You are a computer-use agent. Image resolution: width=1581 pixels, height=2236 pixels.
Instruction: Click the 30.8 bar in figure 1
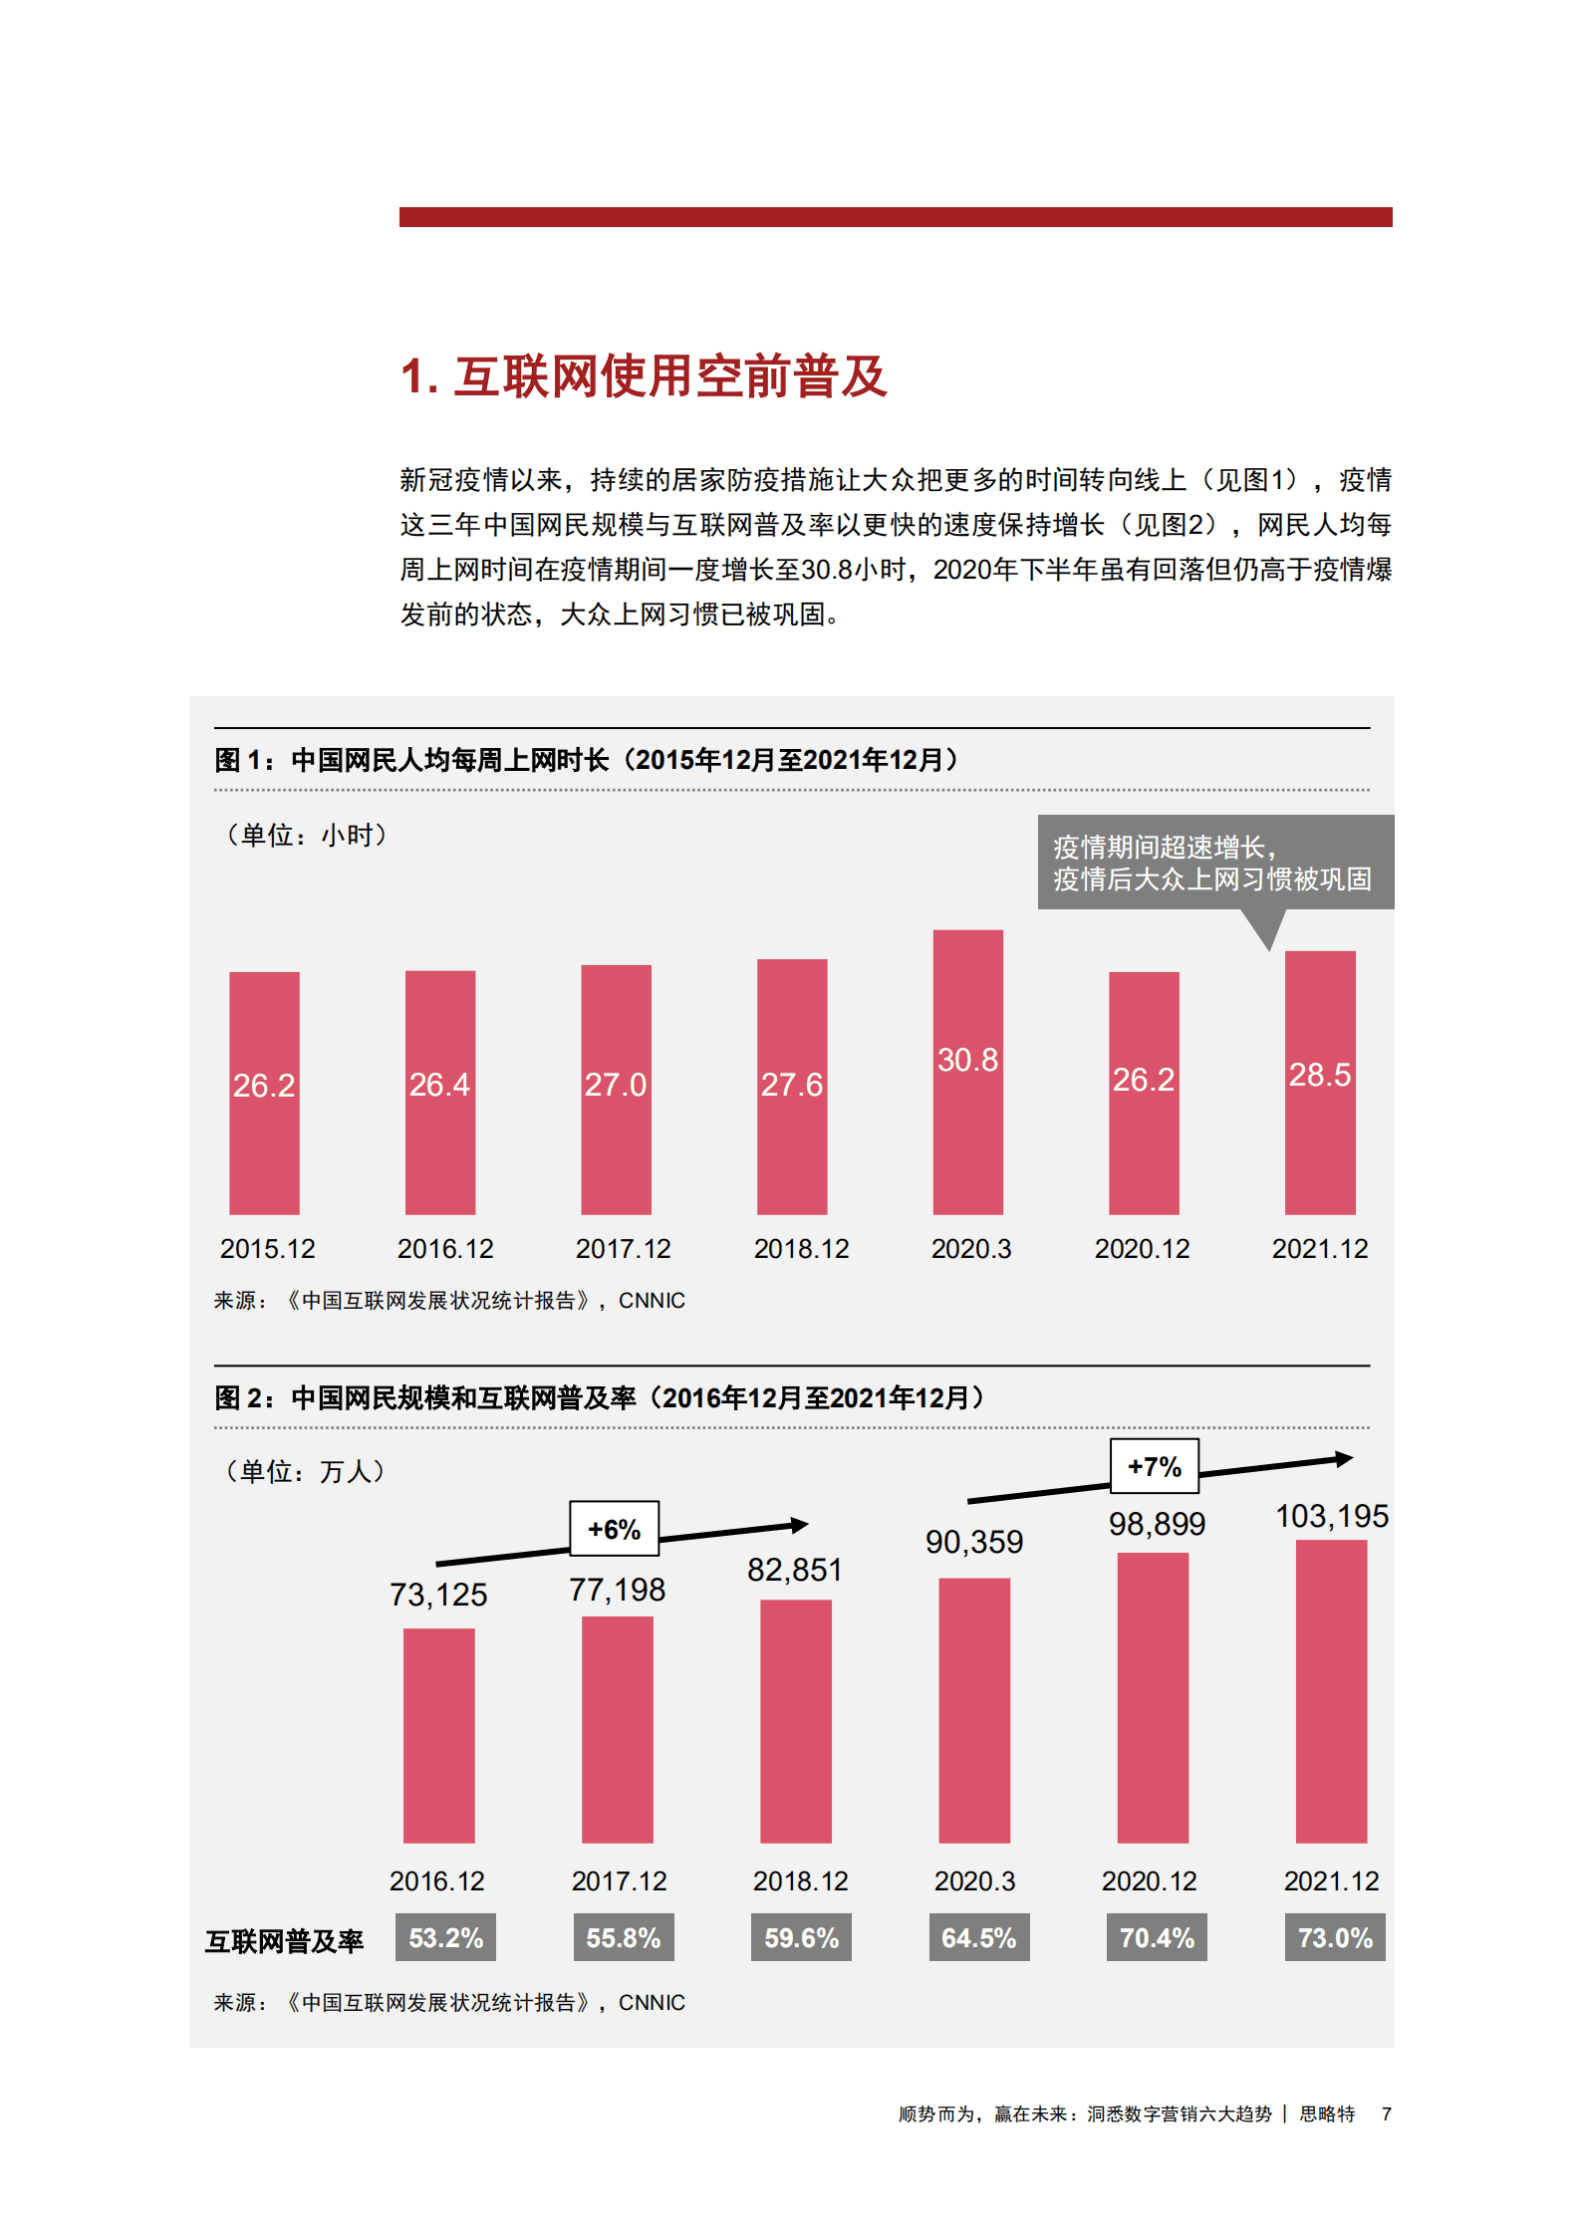pos(967,1072)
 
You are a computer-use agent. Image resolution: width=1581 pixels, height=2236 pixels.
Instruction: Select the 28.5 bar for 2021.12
pos(1320,1083)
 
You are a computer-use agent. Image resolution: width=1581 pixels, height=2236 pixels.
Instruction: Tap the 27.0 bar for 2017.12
pos(616,1089)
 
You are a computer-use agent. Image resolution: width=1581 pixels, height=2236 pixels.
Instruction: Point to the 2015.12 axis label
pos(267,1248)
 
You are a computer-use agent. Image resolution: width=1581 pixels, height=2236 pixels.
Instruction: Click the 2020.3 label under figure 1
pos(970,1248)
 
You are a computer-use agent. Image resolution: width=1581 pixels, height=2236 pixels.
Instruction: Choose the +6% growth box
pos(614,1529)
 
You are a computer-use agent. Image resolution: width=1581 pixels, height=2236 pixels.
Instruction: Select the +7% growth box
pos(1155,1466)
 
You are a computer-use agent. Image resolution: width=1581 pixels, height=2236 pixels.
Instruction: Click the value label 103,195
pos(1332,1516)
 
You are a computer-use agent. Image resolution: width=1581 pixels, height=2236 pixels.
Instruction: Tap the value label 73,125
pos(438,1595)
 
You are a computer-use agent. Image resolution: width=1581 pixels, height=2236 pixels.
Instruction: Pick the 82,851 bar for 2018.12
pos(795,1720)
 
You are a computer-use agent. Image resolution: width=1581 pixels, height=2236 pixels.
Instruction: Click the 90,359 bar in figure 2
pos(974,1709)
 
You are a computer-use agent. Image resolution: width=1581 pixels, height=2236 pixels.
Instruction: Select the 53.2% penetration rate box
pos(445,1937)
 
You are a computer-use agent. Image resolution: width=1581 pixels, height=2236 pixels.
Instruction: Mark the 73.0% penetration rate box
pos(1335,1937)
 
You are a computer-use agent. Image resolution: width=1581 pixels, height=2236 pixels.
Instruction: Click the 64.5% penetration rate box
pos(979,1937)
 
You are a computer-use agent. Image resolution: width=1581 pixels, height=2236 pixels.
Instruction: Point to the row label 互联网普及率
pos(285,1940)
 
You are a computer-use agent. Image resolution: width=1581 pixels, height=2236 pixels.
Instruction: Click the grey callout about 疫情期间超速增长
pos(1214,863)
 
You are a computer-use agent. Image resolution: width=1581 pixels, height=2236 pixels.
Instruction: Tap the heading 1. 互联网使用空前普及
pos(644,376)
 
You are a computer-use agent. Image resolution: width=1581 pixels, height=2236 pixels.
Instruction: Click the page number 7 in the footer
pos(1386,2113)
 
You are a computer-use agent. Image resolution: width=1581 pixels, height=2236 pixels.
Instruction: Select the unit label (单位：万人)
pos(305,1471)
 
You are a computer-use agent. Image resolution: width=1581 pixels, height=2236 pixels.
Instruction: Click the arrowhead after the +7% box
pos(1344,1459)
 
